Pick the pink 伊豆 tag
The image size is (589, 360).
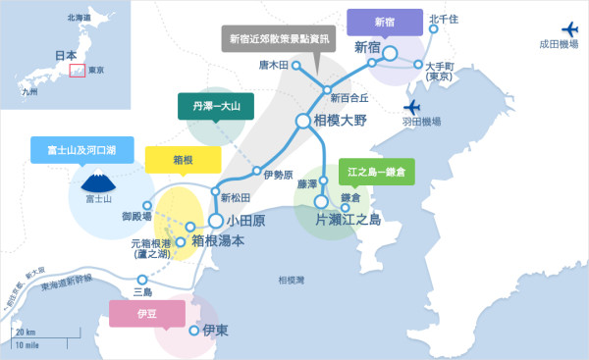coord(146,313)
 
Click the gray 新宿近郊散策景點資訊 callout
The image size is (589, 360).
coord(281,40)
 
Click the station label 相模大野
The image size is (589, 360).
coord(347,121)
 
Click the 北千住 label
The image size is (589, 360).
coord(445,19)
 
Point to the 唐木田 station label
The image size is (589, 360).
coord(274,65)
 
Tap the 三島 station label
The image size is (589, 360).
coord(142,291)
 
